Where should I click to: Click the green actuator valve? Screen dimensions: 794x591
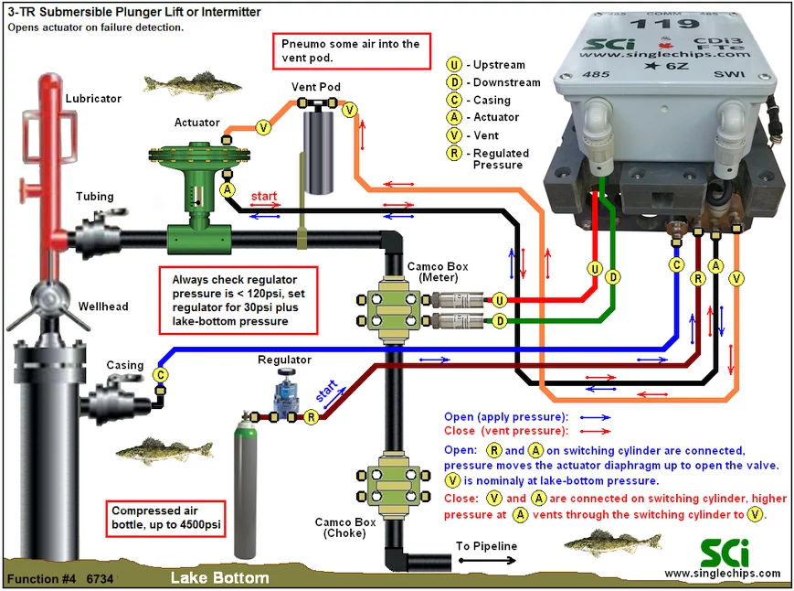[x=198, y=198]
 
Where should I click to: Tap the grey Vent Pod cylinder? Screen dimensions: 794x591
[x=318, y=152]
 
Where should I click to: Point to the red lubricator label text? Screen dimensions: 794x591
[x=93, y=98]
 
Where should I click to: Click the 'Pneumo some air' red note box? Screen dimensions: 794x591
[x=352, y=50]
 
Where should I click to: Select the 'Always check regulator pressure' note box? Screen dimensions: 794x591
[x=238, y=300]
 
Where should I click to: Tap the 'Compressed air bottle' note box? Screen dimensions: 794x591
[x=166, y=518]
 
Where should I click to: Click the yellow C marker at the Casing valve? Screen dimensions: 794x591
[x=161, y=374]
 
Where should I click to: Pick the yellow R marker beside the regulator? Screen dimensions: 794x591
[x=311, y=417]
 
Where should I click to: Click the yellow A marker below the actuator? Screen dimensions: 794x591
[x=228, y=190]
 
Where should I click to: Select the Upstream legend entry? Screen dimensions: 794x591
[x=486, y=64]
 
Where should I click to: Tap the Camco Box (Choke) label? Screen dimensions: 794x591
[x=344, y=527]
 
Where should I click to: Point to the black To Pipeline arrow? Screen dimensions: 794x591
[x=487, y=560]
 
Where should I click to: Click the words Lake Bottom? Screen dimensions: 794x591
[x=220, y=578]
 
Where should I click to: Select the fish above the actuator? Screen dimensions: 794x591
[x=193, y=83]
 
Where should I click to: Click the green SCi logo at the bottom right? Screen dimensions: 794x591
[x=725, y=553]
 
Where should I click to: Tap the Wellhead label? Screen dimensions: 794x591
[x=103, y=306]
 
